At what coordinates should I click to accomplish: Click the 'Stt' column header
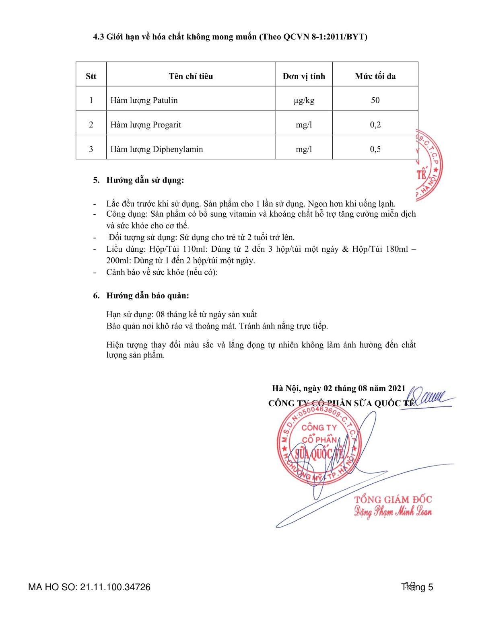(91, 76)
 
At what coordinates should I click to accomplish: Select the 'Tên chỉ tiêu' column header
(191, 76)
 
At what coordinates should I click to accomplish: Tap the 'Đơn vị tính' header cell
(304, 76)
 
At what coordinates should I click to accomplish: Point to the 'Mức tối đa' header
(375, 76)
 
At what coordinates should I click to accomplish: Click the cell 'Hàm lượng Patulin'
(144, 101)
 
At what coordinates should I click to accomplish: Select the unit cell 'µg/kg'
(304, 101)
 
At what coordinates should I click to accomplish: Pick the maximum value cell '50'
(375, 101)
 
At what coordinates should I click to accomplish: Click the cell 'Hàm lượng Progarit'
(146, 125)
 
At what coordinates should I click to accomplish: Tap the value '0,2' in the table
(375, 125)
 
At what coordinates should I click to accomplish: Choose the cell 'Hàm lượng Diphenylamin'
(157, 149)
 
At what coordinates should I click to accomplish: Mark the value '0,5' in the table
(375, 149)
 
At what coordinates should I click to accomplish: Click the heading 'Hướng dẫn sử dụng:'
(145, 180)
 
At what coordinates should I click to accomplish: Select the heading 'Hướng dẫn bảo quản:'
(148, 296)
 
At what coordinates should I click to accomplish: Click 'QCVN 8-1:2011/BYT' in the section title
(325, 37)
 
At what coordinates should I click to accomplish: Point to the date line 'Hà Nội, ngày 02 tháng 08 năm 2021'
(339, 388)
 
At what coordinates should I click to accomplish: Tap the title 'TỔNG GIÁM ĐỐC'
(393, 500)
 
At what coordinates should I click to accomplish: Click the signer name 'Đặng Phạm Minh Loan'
(393, 512)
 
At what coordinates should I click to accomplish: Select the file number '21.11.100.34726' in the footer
(115, 587)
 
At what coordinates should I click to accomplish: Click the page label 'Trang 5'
(417, 587)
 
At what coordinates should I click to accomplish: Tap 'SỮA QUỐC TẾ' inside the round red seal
(319, 454)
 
